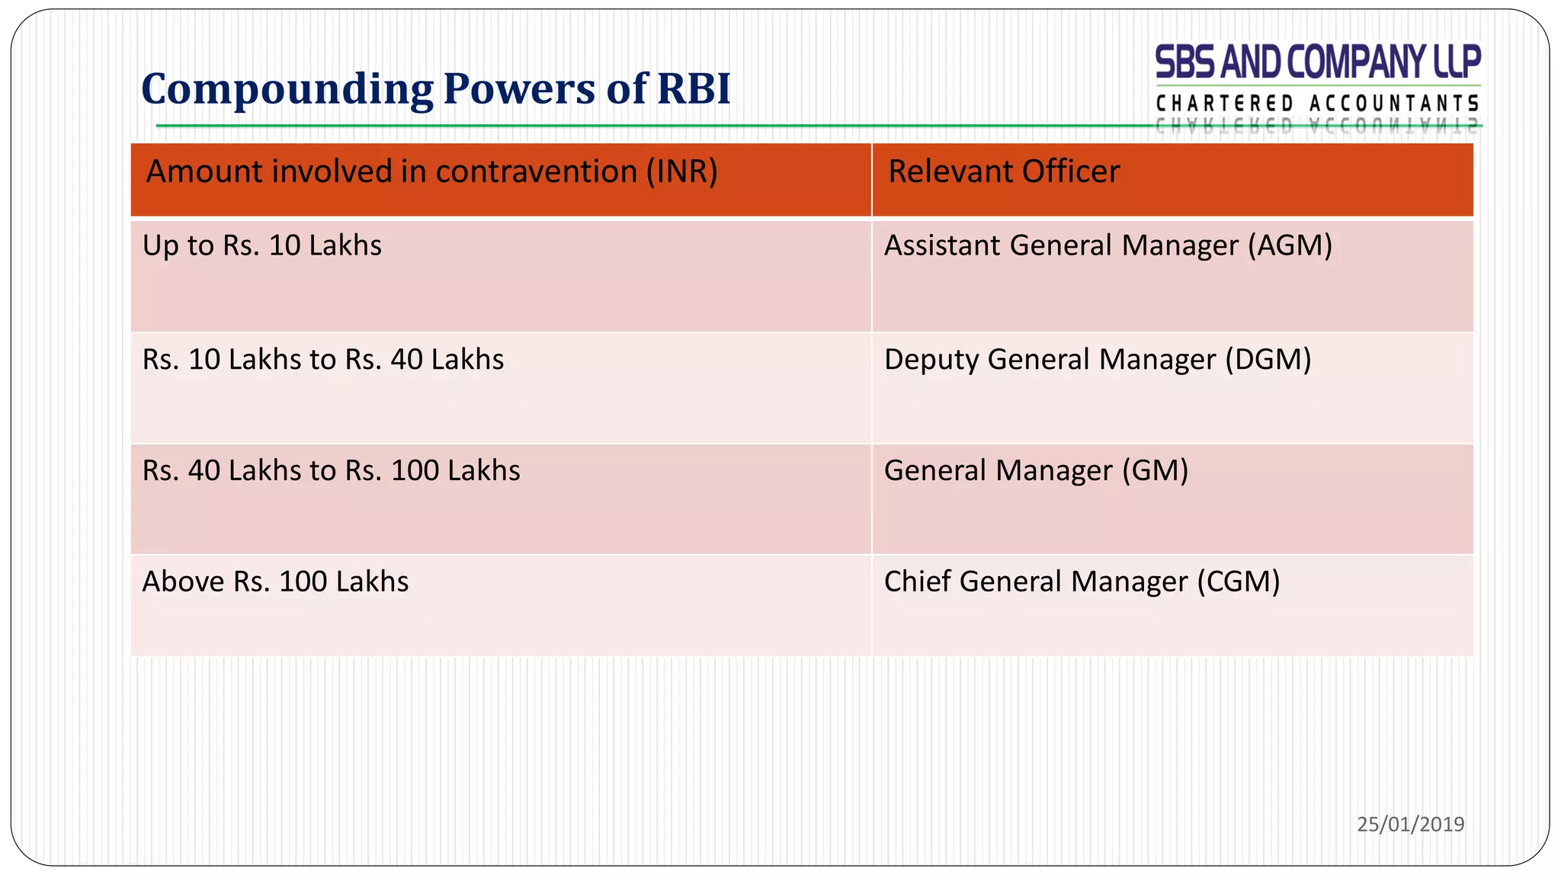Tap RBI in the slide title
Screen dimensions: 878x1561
click(x=693, y=88)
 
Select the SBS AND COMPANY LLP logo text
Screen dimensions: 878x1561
click(x=1318, y=62)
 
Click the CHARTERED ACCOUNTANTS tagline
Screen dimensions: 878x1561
click(x=1318, y=103)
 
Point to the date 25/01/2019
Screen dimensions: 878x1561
click(x=1410, y=824)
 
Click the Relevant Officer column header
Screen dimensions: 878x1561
click(x=1004, y=171)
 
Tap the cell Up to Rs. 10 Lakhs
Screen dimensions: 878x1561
click(x=262, y=245)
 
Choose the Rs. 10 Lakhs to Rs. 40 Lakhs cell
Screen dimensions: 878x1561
click(x=323, y=359)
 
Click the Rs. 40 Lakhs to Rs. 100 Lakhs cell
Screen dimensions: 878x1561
click(x=331, y=470)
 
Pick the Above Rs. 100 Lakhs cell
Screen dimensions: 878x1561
click(x=275, y=582)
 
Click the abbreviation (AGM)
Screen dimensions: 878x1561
click(x=1290, y=245)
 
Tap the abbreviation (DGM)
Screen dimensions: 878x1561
click(x=1268, y=359)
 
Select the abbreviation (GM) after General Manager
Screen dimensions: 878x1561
click(x=1155, y=470)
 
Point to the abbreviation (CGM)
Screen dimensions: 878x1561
click(x=1238, y=582)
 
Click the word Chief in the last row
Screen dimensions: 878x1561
click(x=917, y=582)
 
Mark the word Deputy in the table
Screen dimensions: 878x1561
click(x=931, y=360)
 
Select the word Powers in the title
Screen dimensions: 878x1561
click(x=520, y=88)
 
